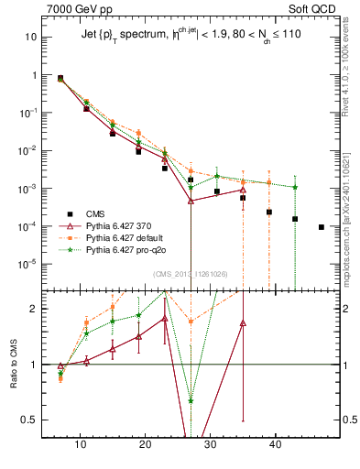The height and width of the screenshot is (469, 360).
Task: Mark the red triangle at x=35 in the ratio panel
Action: (x=243, y=322)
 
